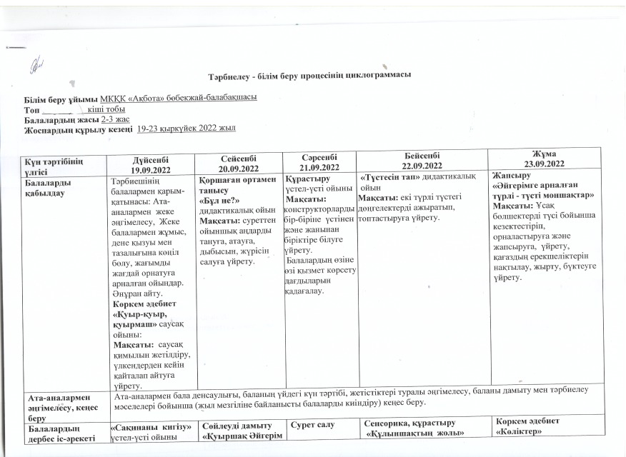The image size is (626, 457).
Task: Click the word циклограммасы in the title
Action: (x=380, y=75)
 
